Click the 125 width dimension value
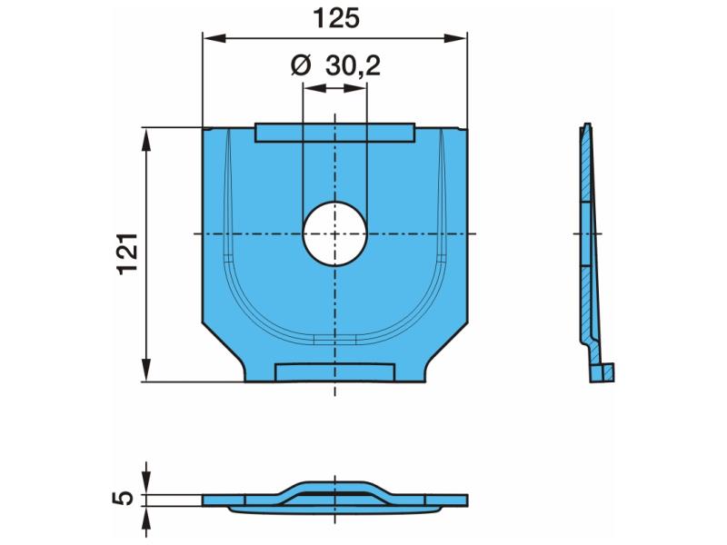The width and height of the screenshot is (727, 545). coord(336,19)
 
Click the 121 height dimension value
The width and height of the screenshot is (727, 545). coord(128,254)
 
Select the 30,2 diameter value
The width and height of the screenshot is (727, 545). coord(353,66)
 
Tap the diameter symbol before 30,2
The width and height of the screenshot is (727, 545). coord(301,65)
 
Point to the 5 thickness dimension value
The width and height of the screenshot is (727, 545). coord(124,498)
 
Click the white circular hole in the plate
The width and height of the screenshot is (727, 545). coord(334,233)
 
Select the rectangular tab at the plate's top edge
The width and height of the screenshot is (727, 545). coord(334,133)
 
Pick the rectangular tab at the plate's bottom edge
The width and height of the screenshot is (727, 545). coord(334,372)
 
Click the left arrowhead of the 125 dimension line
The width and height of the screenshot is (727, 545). coord(214,38)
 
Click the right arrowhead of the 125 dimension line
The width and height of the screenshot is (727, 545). coord(456,38)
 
